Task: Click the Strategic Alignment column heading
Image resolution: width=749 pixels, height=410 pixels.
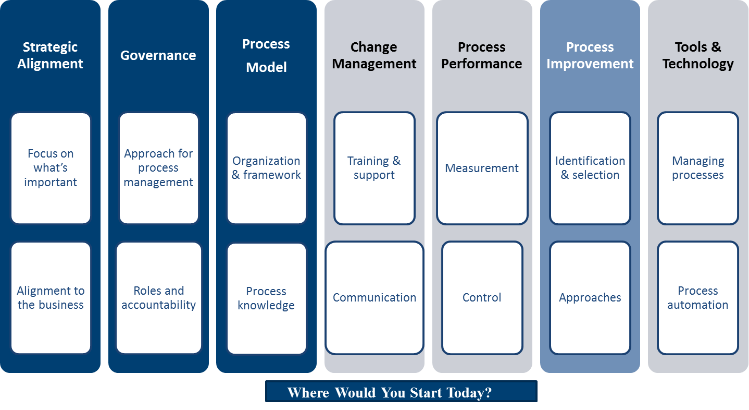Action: [x=50, y=55]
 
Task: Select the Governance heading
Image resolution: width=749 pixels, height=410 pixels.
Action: [x=158, y=55]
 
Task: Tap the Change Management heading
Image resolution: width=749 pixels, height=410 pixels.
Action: [x=374, y=55]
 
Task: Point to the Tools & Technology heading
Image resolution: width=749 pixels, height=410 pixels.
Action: [x=698, y=55]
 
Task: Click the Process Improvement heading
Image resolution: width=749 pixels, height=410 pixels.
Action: [x=590, y=55]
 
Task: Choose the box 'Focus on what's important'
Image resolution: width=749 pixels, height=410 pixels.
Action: [x=51, y=168]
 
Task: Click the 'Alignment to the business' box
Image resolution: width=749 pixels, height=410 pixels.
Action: [x=51, y=298]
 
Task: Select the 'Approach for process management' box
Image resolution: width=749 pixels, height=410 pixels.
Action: [x=159, y=168]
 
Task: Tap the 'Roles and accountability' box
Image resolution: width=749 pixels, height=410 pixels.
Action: [x=159, y=298]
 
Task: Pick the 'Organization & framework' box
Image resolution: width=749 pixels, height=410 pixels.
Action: [x=267, y=168]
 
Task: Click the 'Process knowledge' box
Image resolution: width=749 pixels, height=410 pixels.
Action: [x=267, y=298]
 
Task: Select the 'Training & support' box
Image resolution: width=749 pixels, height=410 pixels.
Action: [x=374, y=168]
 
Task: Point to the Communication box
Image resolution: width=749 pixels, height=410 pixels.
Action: [x=374, y=298]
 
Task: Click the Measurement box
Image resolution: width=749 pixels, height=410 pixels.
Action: [x=482, y=168]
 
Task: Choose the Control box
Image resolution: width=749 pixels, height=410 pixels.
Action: [x=482, y=298]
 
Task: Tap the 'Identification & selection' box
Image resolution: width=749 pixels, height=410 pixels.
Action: [x=590, y=168]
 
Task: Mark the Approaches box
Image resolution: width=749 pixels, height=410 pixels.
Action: [x=590, y=298]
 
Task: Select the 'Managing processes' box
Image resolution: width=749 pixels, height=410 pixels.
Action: [x=698, y=168]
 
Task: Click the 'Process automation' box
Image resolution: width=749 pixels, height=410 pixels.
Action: [x=698, y=298]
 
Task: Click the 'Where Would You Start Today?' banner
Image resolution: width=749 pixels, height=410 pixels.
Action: [x=401, y=391]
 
